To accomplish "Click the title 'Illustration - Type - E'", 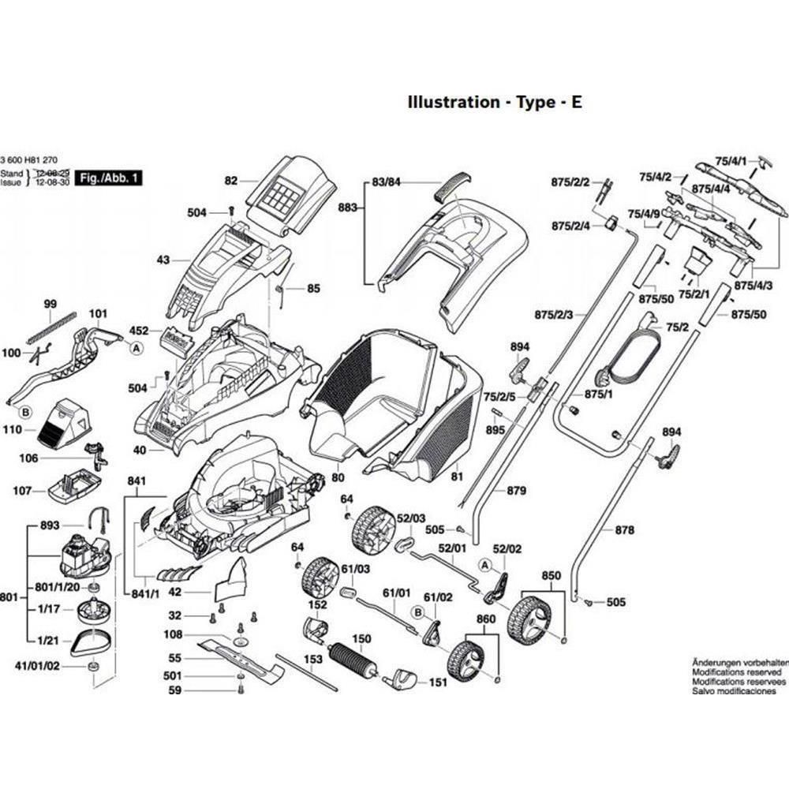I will click(494, 102).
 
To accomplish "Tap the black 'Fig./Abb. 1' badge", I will click(112, 179).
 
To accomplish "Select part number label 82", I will click(230, 181).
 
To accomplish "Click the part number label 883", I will click(347, 208).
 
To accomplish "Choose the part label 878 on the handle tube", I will click(624, 530).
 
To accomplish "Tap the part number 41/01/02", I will click(38, 666).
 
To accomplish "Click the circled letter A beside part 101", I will click(137, 347).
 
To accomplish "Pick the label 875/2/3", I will click(553, 314).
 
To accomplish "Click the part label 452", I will click(138, 331).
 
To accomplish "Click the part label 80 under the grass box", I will click(338, 477).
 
